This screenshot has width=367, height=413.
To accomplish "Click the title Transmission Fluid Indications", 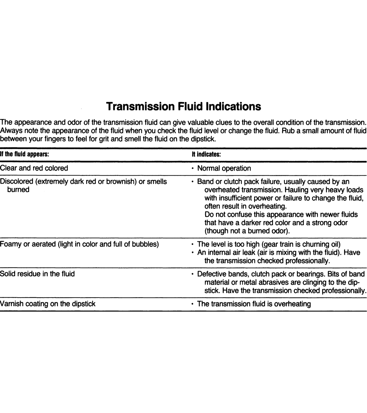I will pos(183,106).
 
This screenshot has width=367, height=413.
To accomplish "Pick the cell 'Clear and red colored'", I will pos(34,168).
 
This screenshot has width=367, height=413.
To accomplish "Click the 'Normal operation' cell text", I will pos(224,168).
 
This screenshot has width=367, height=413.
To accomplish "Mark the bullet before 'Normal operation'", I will pos(193,168).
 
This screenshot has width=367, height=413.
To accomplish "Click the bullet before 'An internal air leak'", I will pos(193,253).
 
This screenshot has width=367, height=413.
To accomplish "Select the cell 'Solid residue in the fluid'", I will pos(37,274).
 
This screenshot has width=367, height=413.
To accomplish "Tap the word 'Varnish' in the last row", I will pos(12,304).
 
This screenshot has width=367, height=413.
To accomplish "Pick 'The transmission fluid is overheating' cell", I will pos(254,304).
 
